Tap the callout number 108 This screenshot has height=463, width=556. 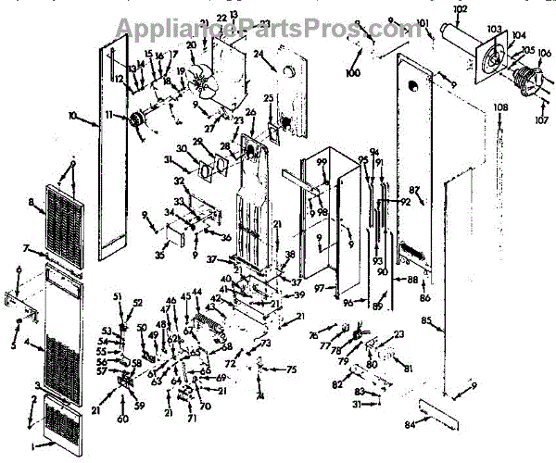click(x=501, y=108)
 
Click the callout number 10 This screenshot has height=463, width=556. click(x=73, y=117)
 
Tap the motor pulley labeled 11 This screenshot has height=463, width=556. click(x=140, y=119)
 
